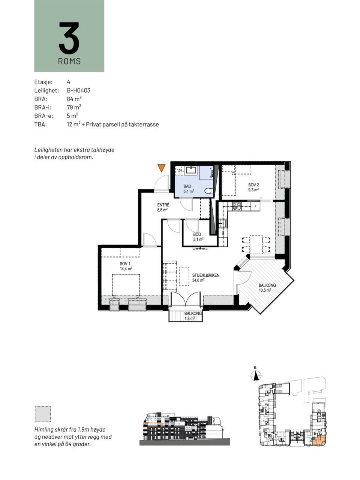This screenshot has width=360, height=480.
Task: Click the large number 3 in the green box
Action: [x=69, y=38]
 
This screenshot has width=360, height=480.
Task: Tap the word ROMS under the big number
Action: [x=69, y=61]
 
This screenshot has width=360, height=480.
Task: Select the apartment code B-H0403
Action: [x=78, y=90]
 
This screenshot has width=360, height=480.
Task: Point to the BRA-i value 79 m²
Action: [x=74, y=107]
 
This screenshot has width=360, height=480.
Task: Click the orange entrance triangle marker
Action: [x=162, y=168]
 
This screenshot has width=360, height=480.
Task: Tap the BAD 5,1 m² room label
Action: [x=189, y=189]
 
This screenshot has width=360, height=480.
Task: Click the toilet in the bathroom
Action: [x=208, y=191]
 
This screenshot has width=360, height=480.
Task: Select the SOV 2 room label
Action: [x=253, y=187]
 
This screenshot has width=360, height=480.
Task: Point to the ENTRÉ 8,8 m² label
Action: [x=163, y=207]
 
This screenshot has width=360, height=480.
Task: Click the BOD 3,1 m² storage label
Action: [x=198, y=237]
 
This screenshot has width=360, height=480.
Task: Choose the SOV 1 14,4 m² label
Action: [x=126, y=266]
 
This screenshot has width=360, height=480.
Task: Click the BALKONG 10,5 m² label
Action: [x=267, y=288]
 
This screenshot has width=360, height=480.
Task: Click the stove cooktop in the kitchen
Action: [x=237, y=206]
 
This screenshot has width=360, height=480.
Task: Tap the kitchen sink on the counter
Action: [x=223, y=223]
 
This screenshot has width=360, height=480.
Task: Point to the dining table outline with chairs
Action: [x=256, y=244]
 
